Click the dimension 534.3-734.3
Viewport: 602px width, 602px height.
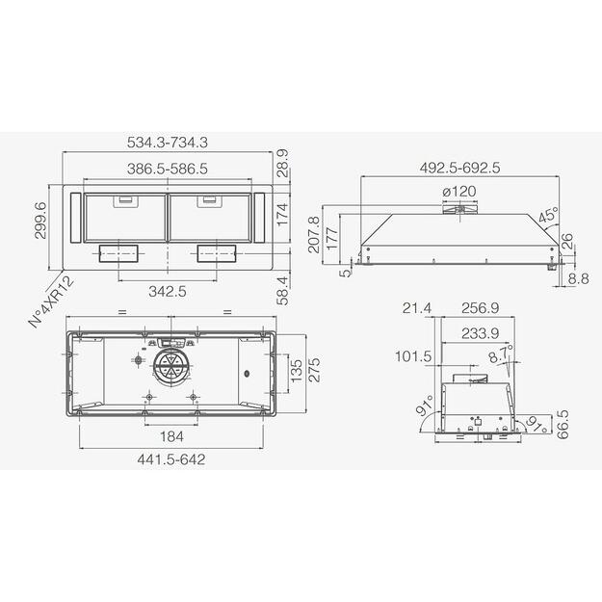click(168, 143)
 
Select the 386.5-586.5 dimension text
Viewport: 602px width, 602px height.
click(168, 169)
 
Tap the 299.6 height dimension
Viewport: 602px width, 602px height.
click(40, 221)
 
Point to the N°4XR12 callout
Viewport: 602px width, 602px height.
click(52, 302)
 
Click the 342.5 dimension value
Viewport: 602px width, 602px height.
click(168, 292)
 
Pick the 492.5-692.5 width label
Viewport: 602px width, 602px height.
click(460, 169)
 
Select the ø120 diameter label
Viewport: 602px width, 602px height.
click(459, 192)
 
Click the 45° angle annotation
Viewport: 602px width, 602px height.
click(548, 215)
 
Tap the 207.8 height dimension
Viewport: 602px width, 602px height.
click(313, 235)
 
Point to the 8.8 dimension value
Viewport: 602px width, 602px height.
click(579, 279)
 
